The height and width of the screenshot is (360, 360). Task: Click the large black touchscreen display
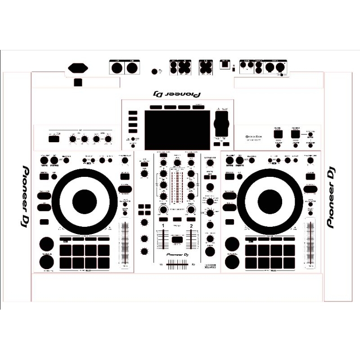pos(177,130)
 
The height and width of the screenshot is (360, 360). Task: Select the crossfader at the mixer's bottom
pos(177,265)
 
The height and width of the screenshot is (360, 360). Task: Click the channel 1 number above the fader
pos(162,225)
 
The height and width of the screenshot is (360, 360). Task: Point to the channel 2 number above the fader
pos(191,225)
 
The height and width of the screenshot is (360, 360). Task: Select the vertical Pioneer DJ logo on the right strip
pos(332,197)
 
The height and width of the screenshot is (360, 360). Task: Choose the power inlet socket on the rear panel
pos(78,68)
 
